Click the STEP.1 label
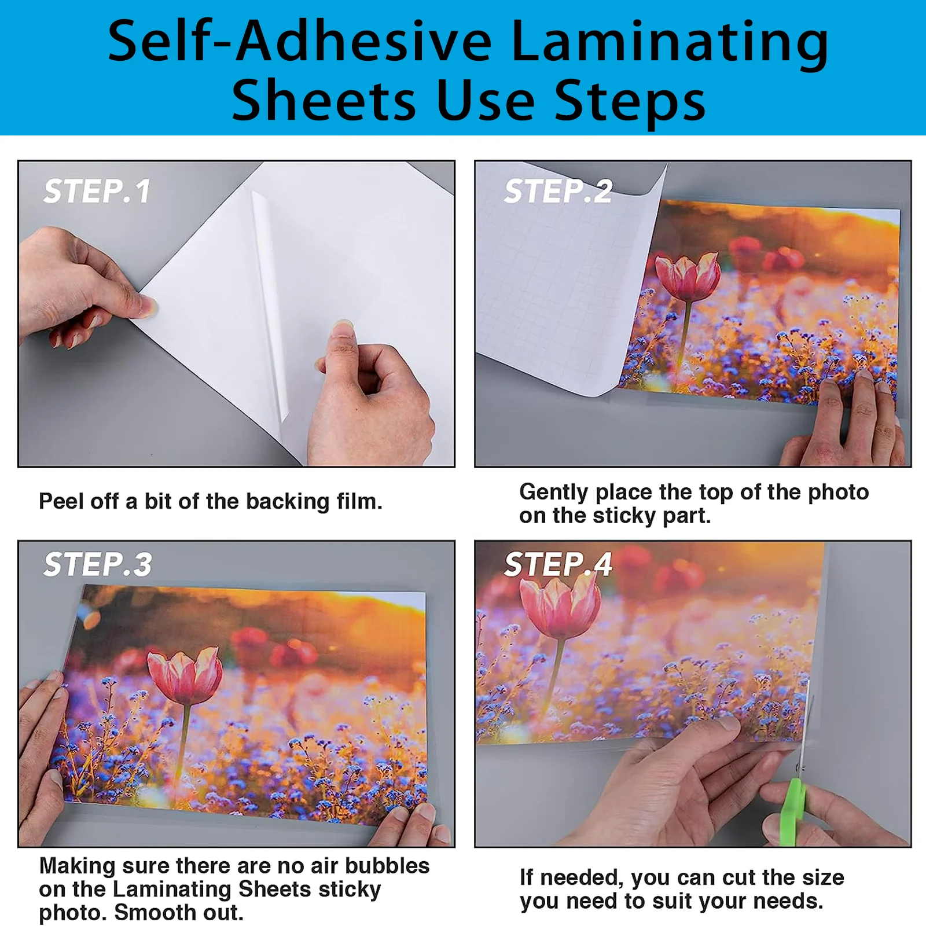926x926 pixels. coord(97,191)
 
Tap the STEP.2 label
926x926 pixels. coord(558,191)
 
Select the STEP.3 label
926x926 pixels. coord(97,564)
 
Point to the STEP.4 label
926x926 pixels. coord(558,564)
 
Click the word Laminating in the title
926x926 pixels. coord(670,42)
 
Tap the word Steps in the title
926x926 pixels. coord(630,101)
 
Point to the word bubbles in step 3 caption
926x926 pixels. coord(387,866)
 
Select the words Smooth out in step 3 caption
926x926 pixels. coord(178,913)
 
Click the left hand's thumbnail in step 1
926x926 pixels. coord(148,306)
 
